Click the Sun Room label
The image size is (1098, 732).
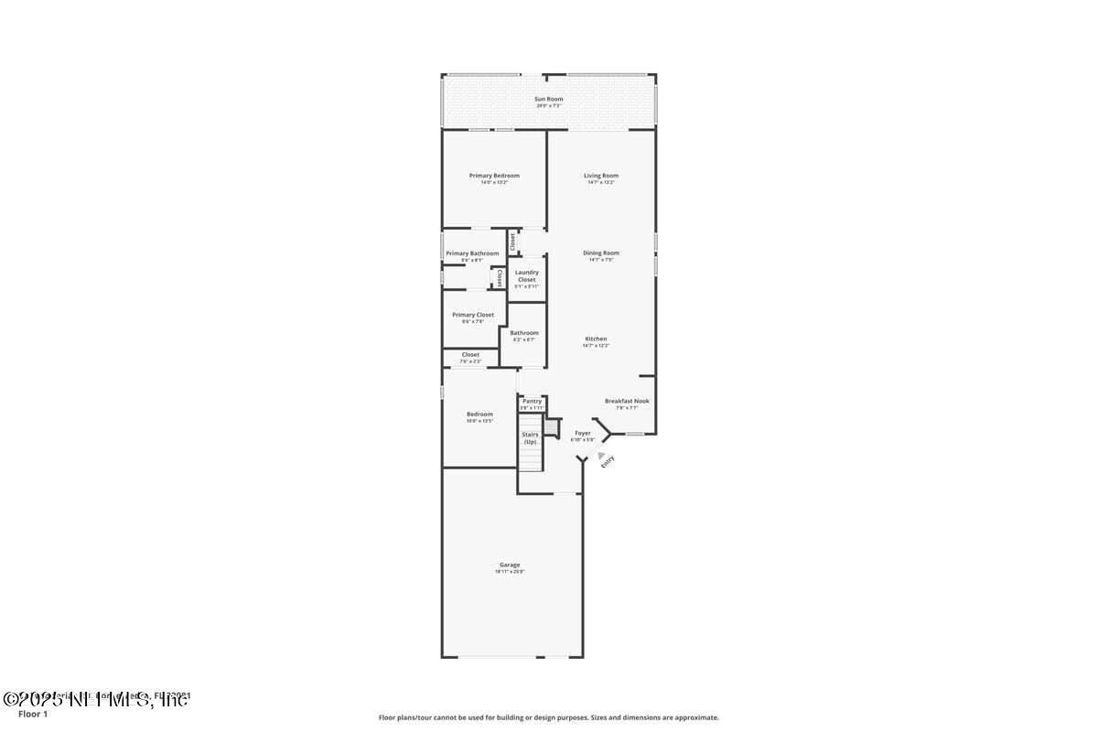click(549, 99)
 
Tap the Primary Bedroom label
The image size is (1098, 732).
click(494, 176)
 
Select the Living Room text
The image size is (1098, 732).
click(601, 176)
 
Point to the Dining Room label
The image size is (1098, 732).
click(601, 253)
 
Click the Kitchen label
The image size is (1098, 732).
click(596, 339)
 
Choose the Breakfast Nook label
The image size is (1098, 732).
click(627, 401)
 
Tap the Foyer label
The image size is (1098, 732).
click(583, 433)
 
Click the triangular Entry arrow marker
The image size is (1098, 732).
click(600, 455)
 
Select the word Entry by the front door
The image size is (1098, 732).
click(607, 464)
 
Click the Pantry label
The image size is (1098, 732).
click(532, 401)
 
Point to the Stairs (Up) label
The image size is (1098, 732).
click(530, 438)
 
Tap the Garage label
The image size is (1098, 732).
click(510, 565)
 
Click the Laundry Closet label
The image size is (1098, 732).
click(527, 275)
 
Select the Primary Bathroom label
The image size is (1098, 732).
click(473, 253)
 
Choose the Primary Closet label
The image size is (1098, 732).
click(473, 315)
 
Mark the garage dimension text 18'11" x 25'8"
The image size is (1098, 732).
click(510, 572)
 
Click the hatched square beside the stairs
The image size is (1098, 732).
click(551, 427)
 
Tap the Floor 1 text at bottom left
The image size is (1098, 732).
click(32, 714)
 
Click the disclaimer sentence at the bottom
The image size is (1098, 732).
click(549, 718)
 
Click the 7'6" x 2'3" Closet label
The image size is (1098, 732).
click(470, 355)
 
